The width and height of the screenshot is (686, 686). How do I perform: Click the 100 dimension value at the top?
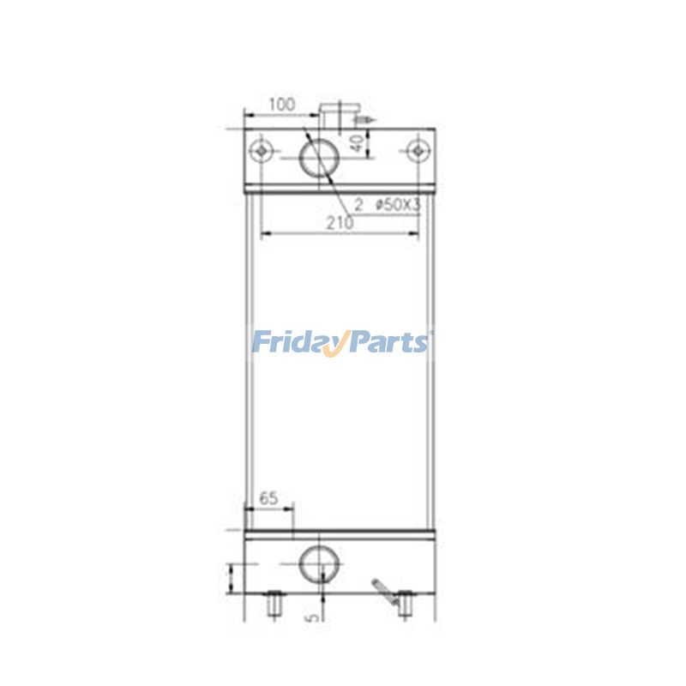click(x=282, y=105)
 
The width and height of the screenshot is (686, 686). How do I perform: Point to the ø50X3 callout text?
click(x=397, y=206)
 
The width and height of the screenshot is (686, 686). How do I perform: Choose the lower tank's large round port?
click(x=319, y=564)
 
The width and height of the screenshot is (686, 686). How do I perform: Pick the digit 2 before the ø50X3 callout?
click(x=358, y=206)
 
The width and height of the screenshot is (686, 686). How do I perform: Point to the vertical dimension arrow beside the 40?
click(x=369, y=143)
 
